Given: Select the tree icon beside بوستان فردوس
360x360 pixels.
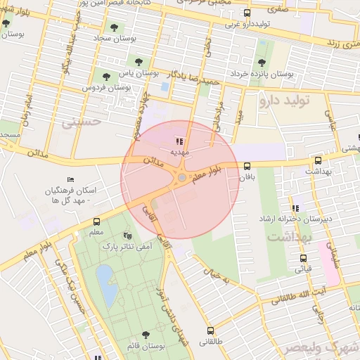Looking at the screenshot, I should coord(106,76).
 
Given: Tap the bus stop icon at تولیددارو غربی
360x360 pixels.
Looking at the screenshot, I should coord(246,13).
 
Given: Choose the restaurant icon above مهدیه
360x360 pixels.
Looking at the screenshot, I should coord(179,141).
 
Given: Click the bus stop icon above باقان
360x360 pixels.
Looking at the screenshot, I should coord(246,167).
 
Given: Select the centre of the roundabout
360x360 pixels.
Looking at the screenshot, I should coord(181,177).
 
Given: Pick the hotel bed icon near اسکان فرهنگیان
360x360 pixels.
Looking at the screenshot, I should coord(69,180).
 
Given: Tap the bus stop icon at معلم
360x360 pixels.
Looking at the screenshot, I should coord(96,222).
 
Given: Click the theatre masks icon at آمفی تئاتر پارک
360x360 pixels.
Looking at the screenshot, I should coord(127,236).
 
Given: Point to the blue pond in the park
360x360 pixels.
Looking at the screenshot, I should coord(106,284).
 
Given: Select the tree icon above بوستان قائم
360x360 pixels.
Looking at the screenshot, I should coord(146,335).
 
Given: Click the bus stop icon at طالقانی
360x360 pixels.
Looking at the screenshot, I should coord(210,330).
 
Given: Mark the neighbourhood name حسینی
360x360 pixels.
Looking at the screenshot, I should coord(82,121).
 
